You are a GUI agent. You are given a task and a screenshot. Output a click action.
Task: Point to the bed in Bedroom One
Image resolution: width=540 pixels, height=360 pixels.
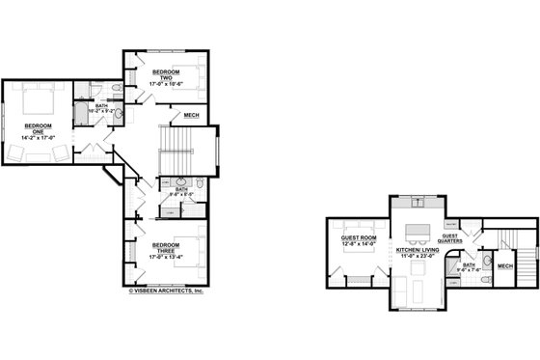40,99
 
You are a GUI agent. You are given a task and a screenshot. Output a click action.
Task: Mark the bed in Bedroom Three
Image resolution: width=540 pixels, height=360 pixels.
187,248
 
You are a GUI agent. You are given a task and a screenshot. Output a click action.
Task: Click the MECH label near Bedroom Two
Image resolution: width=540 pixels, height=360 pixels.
191,116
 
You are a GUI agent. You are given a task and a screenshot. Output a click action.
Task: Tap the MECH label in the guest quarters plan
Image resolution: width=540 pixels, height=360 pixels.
504,264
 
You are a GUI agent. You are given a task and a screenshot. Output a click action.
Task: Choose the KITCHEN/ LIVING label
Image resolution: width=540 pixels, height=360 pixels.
416,249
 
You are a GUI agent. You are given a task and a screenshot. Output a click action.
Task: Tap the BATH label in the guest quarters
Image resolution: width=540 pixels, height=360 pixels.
469,266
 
